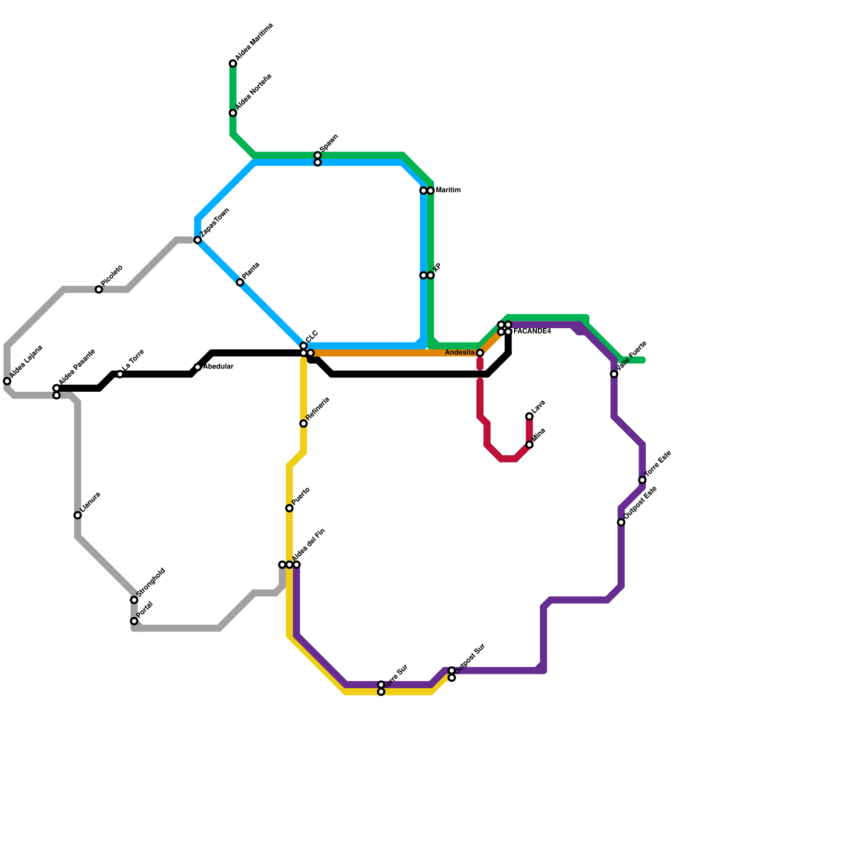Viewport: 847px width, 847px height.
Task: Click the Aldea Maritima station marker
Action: pyautogui.click(x=233, y=64)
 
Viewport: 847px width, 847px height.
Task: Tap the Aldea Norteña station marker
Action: pyautogui.click(x=233, y=113)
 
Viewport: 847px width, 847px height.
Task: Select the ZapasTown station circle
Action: pyautogui.click(x=197, y=240)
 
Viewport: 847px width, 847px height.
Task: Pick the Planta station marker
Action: pyautogui.click(x=240, y=283)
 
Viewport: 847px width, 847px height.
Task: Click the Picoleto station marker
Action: pyautogui.click(x=99, y=290)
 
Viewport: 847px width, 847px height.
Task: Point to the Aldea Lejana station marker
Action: pyautogui.click(x=7, y=381)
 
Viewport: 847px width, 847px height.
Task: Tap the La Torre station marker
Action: pyautogui.click(x=120, y=374)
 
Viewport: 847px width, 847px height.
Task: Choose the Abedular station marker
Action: pyautogui.click(x=197, y=367)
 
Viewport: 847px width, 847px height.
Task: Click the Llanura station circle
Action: pyautogui.click(x=78, y=516)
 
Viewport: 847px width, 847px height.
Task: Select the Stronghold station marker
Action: pyautogui.click(x=134, y=600)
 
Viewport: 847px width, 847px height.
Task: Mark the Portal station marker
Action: pyautogui.click(x=134, y=621)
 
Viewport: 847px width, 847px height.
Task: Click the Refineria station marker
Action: pyautogui.click(x=303, y=424)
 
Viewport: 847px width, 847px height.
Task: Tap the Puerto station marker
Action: pyautogui.click(x=290, y=508)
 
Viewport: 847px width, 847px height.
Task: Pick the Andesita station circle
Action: pyautogui.click(x=480, y=353)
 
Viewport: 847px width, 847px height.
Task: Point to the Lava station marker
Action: pyautogui.click(x=529, y=417)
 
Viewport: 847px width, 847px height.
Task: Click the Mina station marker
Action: pyautogui.click(x=529, y=445)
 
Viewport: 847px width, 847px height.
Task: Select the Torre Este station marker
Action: pyautogui.click(x=642, y=480)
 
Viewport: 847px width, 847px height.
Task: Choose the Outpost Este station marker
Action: pyautogui.click(x=621, y=522)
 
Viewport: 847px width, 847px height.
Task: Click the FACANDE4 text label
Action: pyautogui.click(x=532, y=331)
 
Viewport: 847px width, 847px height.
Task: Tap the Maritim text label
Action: pyautogui.click(x=448, y=191)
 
